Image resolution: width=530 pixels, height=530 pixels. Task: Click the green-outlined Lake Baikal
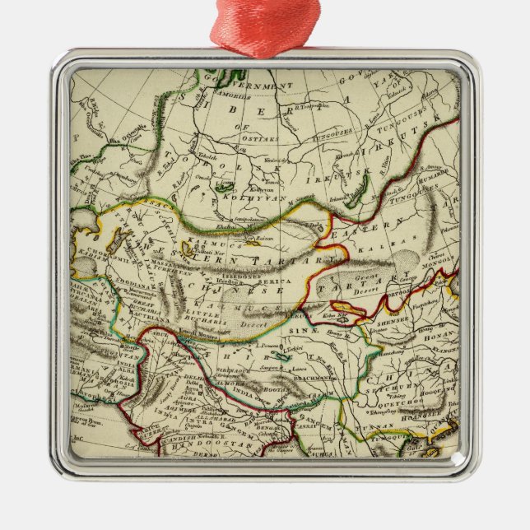tap(355, 196)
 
